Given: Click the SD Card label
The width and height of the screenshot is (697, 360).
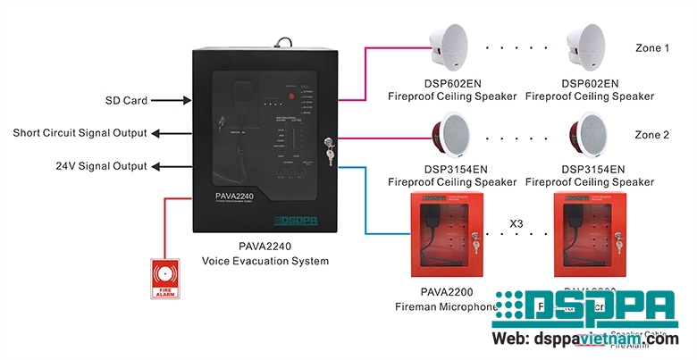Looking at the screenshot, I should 125,101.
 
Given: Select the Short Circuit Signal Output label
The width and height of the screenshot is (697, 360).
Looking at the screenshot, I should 80,133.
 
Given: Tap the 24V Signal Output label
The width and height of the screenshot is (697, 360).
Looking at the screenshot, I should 101,166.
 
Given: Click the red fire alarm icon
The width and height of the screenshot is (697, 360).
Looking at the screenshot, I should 164,278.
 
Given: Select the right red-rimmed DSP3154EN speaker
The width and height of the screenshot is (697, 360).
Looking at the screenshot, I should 588,137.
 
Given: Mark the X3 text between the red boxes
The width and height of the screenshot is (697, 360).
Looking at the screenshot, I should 516,222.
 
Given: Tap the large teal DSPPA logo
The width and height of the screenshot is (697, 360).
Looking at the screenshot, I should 585,308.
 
